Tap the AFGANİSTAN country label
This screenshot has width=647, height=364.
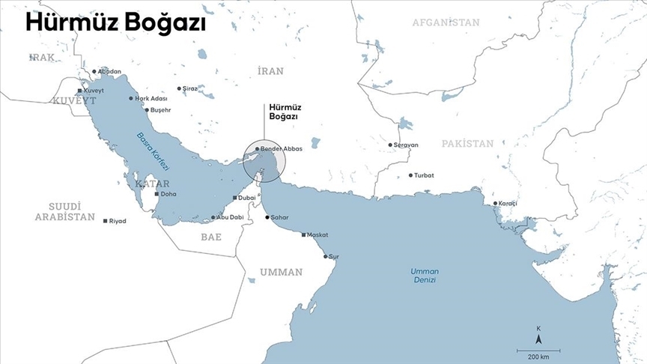coord(446,22)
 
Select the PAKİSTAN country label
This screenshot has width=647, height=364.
coord(467,143)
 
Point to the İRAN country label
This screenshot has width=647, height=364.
coord(270,71)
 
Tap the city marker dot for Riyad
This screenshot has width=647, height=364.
coord(105,221)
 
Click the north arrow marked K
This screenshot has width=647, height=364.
coord(538,336)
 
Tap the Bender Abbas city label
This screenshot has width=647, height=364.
coord(281,149)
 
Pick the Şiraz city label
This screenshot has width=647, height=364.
coord(189,88)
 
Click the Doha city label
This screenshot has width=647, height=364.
coord(168,194)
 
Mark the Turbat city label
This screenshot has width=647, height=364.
coord(424,175)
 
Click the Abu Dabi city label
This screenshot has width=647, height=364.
coord(231,217)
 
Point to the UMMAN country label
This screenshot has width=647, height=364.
coord(282,272)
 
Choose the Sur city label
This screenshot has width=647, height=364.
coord(334,256)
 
